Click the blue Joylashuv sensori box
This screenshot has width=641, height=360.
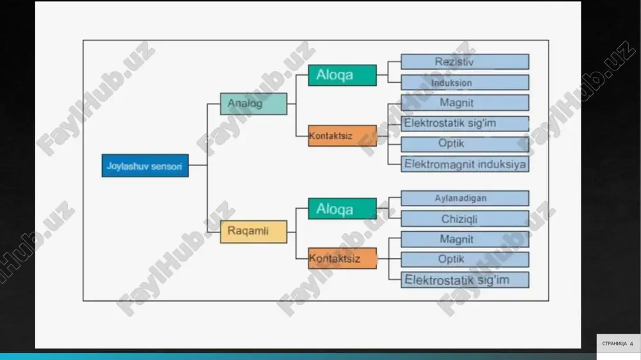coord(145,165)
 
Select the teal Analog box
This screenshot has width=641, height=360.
coord(253,104)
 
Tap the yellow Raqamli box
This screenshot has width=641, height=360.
coord(253,232)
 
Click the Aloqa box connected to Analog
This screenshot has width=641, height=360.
coord(342,75)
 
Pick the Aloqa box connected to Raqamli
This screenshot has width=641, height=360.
coord(342,209)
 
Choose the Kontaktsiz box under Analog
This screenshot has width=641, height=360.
coord(342,136)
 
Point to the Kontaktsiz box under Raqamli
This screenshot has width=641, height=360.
coord(342,258)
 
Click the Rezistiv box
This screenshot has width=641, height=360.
coord(465,61)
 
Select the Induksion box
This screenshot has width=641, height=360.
coord(465,82)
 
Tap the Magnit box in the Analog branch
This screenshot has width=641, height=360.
coord(465,102)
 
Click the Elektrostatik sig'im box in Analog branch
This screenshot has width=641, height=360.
coord(465,124)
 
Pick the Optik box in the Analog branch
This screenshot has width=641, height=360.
coord(465,144)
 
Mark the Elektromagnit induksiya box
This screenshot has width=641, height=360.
coord(465,164)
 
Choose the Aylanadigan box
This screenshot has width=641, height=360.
coord(465,198)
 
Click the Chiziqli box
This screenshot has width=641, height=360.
coord(465,218)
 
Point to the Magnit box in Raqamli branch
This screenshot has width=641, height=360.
coord(465,239)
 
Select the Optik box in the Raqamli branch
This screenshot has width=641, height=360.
coord(465,259)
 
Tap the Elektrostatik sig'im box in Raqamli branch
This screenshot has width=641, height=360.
coord(465,280)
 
